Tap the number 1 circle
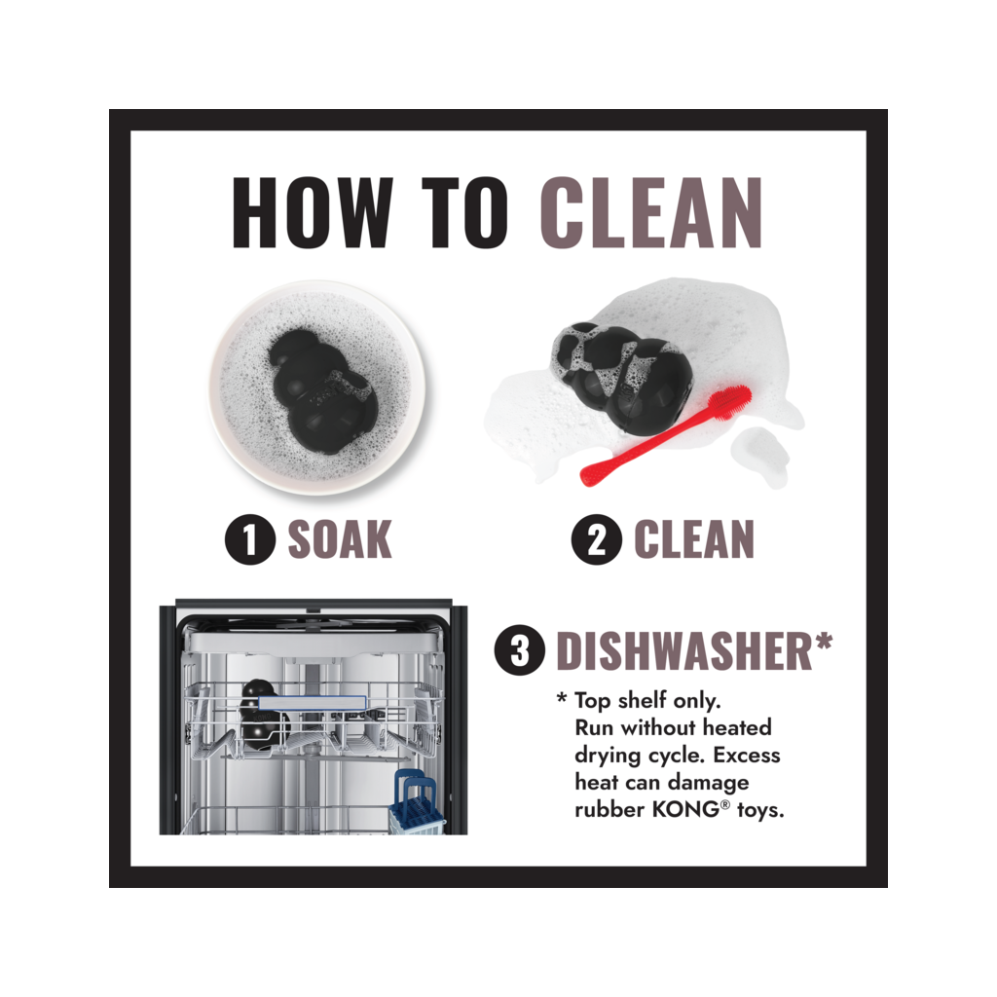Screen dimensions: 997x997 point(250,539)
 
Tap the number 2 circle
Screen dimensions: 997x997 point(596,539)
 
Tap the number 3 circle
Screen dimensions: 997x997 point(520,649)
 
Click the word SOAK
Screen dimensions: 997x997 point(340,539)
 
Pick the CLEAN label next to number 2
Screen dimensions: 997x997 point(693,539)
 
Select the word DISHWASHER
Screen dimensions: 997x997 point(684,651)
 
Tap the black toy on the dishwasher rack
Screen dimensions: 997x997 point(262,716)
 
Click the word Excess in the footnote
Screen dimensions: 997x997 point(747,755)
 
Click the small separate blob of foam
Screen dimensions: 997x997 point(760,455)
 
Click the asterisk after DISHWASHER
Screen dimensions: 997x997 point(824,642)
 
